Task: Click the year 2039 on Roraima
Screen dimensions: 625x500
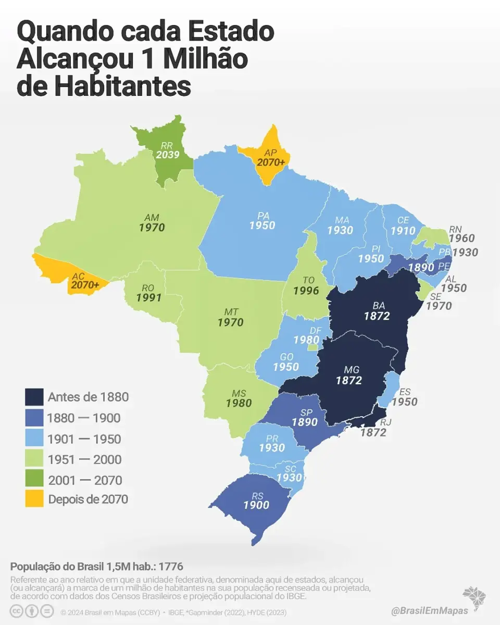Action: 167,155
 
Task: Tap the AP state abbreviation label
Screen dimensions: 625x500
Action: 270,153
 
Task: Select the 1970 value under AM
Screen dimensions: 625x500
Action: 152,228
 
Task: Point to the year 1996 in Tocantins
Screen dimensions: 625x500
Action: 306,291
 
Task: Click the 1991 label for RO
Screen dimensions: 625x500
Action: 149,298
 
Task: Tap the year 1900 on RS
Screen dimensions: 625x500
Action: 256,505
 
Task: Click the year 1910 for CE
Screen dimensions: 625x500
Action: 403,230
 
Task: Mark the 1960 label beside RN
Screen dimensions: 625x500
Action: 461,239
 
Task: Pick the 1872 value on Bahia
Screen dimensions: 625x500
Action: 377,316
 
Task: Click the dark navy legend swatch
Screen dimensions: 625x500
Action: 34,397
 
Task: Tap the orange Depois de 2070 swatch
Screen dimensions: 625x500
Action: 34,499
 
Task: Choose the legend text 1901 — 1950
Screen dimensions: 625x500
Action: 84,439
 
